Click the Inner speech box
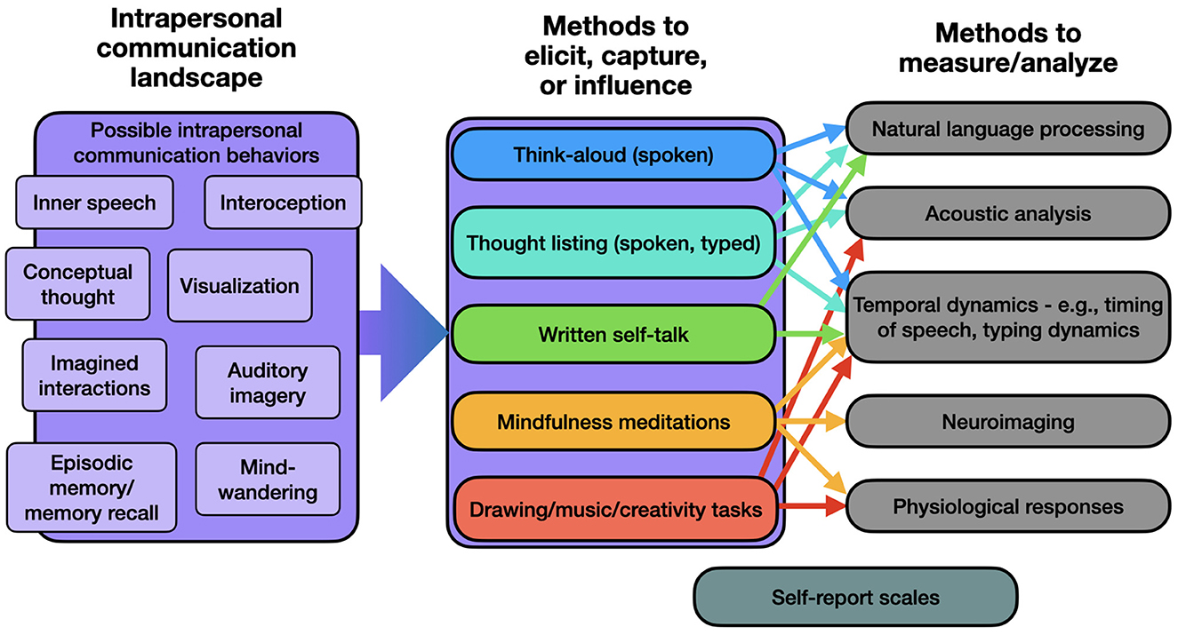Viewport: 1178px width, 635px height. (x=94, y=202)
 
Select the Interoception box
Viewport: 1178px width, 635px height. (x=283, y=202)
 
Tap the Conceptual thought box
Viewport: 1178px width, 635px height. (x=78, y=284)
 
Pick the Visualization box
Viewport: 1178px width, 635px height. (x=240, y=286)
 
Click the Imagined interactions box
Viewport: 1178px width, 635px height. (x=94, y=375)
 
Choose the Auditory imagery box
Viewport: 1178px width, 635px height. (x=268, y=383)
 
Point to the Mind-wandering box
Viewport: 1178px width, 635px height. (x=268, y=479)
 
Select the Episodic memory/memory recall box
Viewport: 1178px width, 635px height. (x=92, y=488)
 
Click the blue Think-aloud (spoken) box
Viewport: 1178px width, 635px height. (x=613, y=155)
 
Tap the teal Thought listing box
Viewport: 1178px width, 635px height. (x=613, y=242)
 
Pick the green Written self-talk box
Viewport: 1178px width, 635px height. (x=613, y=334)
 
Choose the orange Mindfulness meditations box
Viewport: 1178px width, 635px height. (x=613, y=422)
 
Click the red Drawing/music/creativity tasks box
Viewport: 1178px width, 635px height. (x=615, y=509)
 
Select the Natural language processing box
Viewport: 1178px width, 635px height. (x=1008, y=129)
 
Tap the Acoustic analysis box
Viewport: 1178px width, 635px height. (x=1008, y=213)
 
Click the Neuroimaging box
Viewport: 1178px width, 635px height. (x=1008, y=421)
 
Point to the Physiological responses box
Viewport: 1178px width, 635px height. (x=1008, y=506)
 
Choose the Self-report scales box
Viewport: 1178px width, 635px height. (x=855, y=597)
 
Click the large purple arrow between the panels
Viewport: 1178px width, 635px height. (x=404, y=332)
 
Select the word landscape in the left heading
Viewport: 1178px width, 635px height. (x=196, y=78)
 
